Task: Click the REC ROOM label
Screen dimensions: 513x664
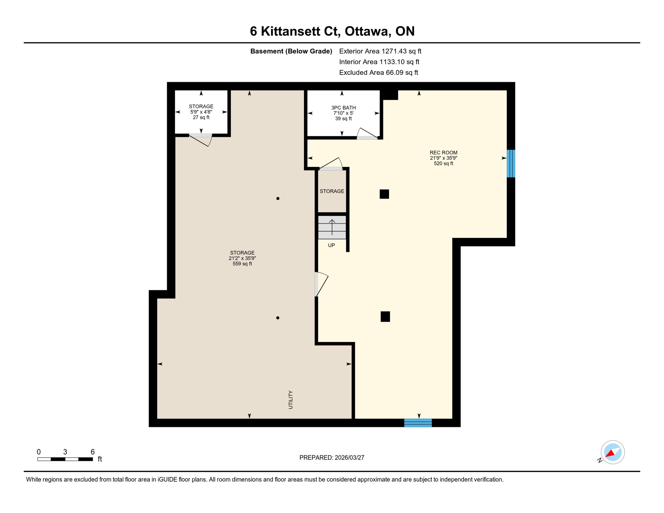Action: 443,153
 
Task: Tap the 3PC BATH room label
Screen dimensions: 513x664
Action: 343,108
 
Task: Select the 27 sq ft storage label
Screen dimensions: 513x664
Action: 201,118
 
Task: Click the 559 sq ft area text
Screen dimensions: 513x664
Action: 242,264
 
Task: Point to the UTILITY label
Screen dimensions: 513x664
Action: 291,400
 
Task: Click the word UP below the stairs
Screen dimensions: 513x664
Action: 331,245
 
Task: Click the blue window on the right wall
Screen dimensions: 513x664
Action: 511,163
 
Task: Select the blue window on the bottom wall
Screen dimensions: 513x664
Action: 418,423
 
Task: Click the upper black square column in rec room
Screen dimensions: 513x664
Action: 384,194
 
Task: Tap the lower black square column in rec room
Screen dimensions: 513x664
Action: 385,317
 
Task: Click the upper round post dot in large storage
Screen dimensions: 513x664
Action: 278,199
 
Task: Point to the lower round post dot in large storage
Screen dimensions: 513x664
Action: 278,318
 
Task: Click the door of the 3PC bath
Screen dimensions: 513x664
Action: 367,134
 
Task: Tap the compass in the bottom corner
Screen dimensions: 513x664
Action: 612,453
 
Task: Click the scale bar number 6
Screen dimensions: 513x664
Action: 93,452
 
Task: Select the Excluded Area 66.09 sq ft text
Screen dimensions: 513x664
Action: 378,72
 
